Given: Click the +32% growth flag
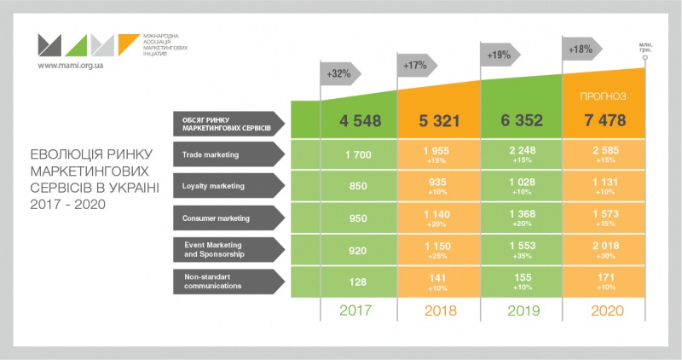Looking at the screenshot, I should click(338, 73).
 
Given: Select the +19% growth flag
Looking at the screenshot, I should click(499, 55).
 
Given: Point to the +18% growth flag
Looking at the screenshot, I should click(581, 49).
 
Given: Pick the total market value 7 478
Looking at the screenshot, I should click(604, 121).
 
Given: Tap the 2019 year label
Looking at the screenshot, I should click(522, 311).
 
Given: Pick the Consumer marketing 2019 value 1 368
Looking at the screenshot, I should click(522, 213).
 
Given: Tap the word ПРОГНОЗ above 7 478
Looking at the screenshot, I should click(604, 96).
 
